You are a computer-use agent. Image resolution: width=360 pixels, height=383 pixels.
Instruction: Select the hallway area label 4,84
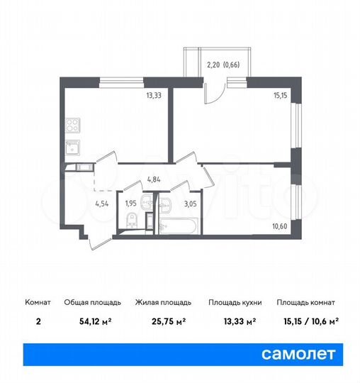(x=156, y=179)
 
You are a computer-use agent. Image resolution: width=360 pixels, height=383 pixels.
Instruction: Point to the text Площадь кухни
(x=235, y=302)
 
